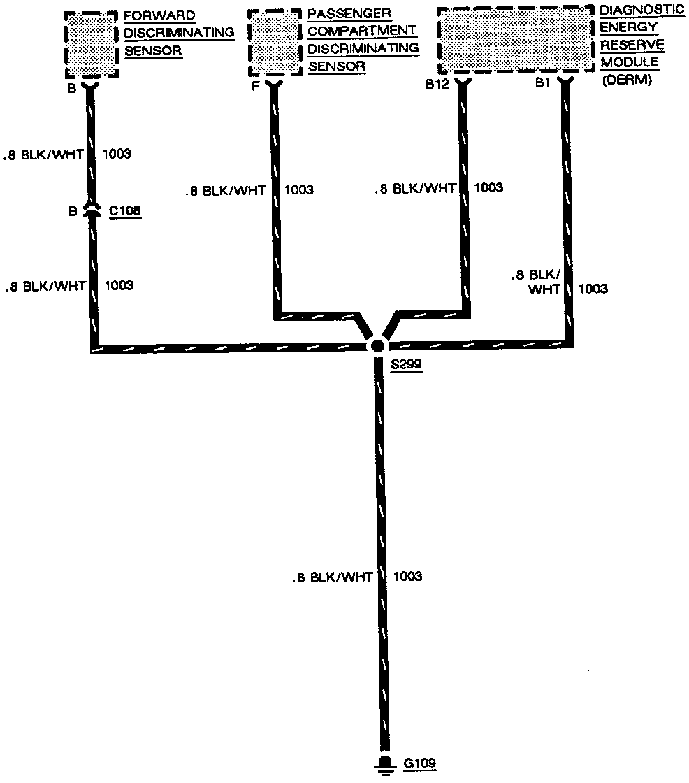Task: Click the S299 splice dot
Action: pyautogui.click(x=377, y=345)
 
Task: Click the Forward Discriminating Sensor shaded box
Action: pyautogui.click(x=92, y=44)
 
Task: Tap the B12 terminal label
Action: pyautogui.click(x=436, y=84)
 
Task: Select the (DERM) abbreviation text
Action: pyautogui.click(x=626, y=80)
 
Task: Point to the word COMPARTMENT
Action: pyautogui.click(x=362, y=31)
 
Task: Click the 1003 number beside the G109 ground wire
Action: pyautogui.click(x=407, y=577)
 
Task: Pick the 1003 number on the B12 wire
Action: pyautogui.click(x=488, y=188)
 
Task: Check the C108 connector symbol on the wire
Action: pyautogui.click(x=92, y=210)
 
